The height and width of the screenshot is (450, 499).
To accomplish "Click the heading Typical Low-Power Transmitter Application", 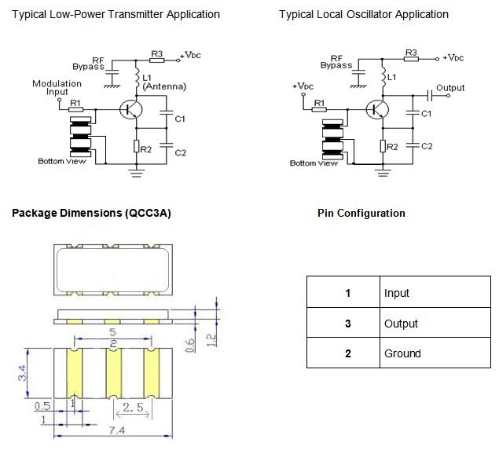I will click(116, 14).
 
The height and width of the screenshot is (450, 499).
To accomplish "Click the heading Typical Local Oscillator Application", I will click(364, 14).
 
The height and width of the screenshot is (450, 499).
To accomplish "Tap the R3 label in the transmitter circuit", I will click(156, 54).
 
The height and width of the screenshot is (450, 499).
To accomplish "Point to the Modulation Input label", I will click(57, 87).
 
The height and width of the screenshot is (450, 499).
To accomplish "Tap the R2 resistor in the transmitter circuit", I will click(137, 145).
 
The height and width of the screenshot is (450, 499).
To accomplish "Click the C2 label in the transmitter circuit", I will click(180, 151).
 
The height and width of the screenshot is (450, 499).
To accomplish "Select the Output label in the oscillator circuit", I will click(450, 88).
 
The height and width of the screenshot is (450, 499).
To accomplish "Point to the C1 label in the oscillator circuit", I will click(427, 114).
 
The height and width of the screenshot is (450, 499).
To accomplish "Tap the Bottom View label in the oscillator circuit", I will click(314, 163).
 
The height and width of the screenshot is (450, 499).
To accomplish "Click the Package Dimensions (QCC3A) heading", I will click(91, 213).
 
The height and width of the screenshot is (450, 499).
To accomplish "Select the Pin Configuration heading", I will click(361, 213).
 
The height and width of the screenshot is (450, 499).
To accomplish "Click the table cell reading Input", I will click(397, 293).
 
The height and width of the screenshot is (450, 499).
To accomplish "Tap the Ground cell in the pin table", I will click(402, 353).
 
